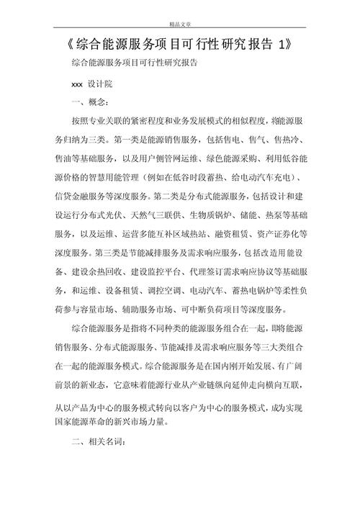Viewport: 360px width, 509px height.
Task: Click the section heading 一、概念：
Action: click(91, 103)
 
